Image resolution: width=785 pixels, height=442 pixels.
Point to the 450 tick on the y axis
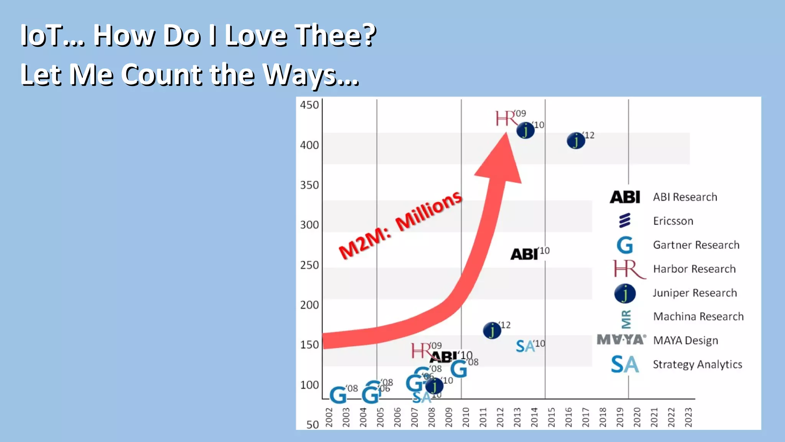pos(309,105)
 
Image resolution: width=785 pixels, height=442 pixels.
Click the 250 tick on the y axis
pos(309,265)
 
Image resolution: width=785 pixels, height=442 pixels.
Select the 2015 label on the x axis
pos(552,417)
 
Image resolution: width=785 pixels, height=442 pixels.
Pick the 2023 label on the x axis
pos(688,417)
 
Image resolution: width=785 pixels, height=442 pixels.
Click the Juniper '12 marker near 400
pos(576,141)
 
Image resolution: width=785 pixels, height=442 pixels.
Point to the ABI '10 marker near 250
pos(524,254)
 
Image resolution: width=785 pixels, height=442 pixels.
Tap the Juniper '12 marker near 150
pos(492,330)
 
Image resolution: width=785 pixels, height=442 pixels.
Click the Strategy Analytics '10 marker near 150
pos(525,346)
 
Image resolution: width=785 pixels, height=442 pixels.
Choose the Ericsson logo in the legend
pos(625,221)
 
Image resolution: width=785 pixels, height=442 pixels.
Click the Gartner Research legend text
pos(696,245)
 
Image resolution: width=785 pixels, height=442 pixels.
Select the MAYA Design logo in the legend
pos(621,340)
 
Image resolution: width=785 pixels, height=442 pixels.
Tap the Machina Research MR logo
pos(626,319)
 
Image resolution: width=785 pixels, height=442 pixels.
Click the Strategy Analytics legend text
pos(697,364)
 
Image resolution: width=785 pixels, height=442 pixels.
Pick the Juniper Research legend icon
pos(625,294)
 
